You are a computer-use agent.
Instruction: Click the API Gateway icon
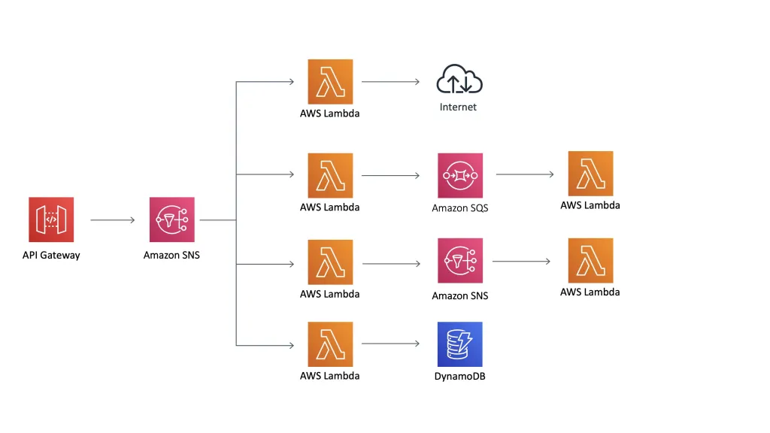(x=51, y=220)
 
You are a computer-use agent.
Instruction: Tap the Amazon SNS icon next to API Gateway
(x=171, y=220)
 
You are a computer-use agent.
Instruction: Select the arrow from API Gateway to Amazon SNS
(x=112, y=220)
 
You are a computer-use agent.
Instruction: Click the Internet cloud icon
(x=459, y=80)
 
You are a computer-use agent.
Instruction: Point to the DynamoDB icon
(x=459, y=344)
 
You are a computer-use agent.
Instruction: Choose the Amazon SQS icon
(x=459, y=175)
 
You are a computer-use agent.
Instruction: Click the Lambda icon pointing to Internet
(x=330, y=82)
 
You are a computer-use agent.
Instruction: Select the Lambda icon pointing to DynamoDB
(x=330, y=344)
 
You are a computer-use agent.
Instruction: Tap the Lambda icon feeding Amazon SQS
(x=330, y=175)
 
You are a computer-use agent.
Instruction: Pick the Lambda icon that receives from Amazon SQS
(x=590, y=174)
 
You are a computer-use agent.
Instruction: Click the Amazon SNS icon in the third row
(x=459, y=262)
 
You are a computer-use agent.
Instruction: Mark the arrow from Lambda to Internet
(x=390, y=82)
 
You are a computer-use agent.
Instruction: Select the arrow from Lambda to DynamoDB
(x=390, y=344)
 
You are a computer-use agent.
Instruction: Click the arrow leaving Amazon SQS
(x=525, y=174)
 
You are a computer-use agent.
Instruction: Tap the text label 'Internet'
(x=458, y=107)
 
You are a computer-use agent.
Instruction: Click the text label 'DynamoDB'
(x=459, y=376)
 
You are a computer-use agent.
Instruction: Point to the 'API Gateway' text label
(x=51, y=256)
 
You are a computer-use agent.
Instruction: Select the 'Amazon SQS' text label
(x=459, y=208)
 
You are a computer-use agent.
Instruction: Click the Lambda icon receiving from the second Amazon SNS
(x=590, y=261)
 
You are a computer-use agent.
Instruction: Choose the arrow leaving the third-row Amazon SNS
(x=521, y=262)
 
